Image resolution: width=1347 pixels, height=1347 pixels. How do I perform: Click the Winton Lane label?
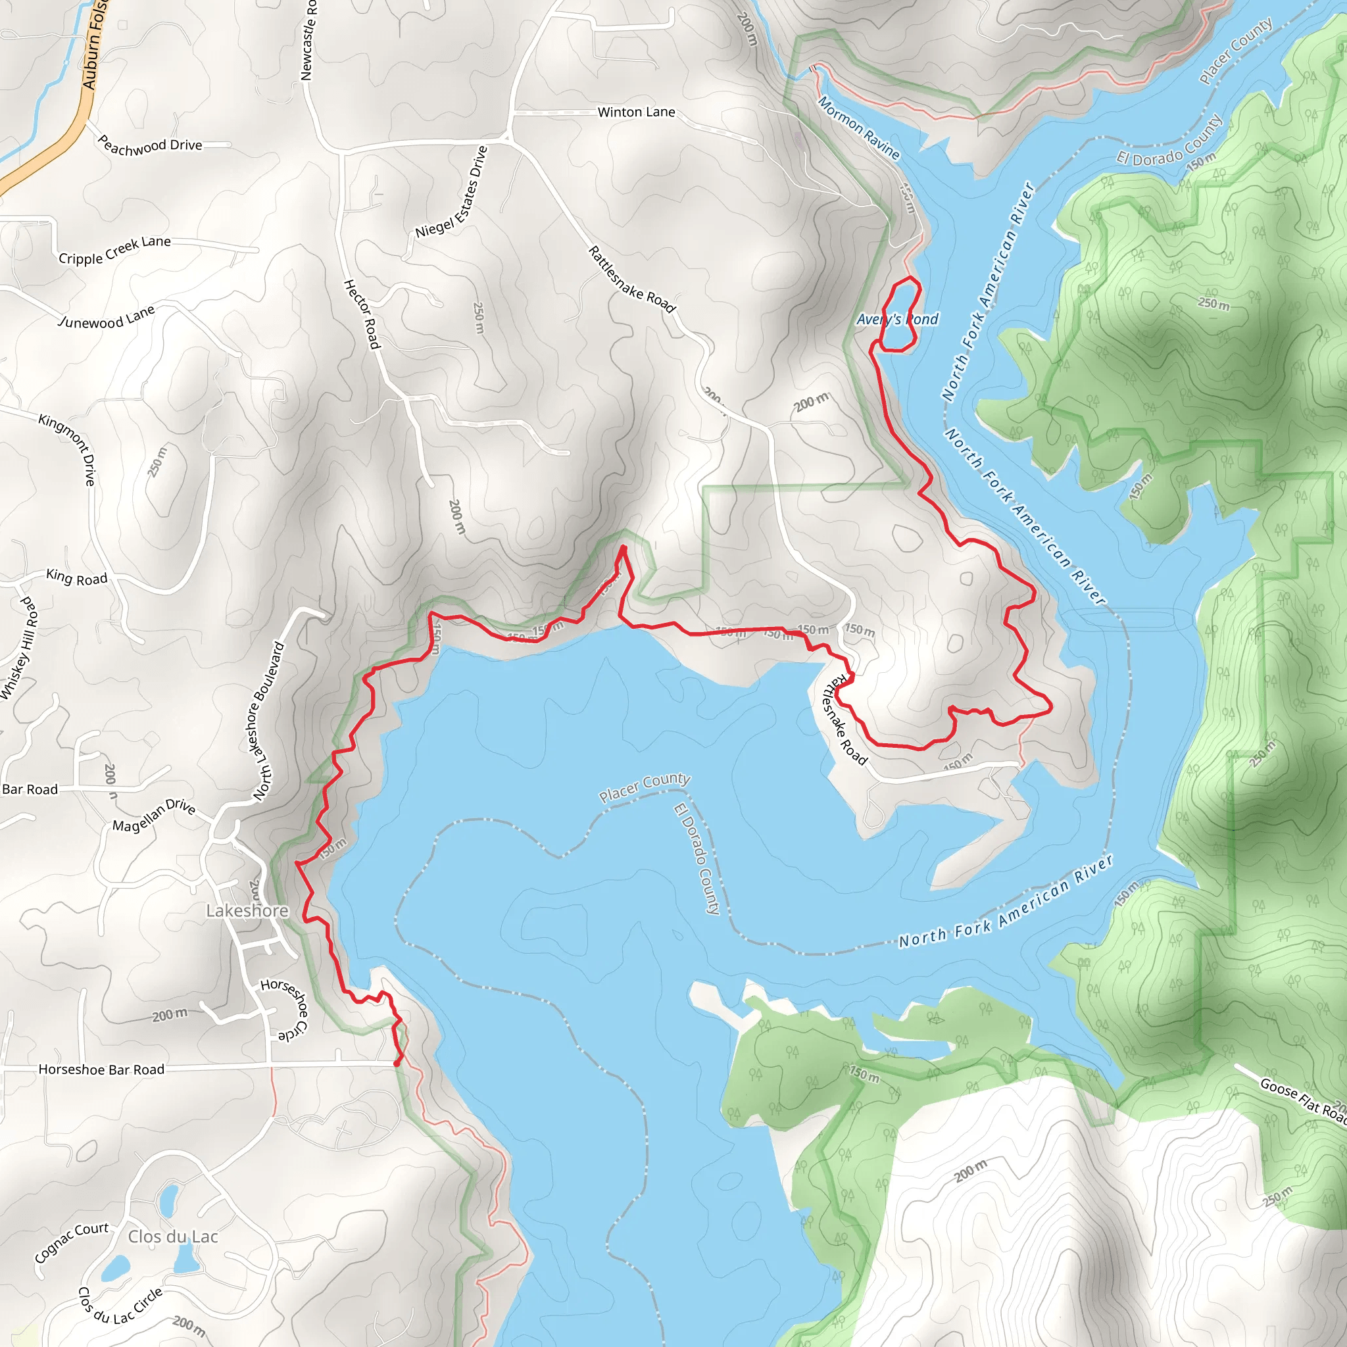(636, 112)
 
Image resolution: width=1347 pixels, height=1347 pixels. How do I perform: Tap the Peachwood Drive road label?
(150, 146)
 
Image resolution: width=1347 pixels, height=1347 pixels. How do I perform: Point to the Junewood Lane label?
(107, 317)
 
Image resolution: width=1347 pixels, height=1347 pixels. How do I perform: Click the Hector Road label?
(362, 314)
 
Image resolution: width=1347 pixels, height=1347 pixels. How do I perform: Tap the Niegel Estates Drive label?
(452, 192)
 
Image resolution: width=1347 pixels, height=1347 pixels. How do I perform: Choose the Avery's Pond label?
(897, 319)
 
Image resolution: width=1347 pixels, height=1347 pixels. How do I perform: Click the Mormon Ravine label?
(858, 128)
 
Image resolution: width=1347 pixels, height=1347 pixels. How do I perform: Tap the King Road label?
(77, 577)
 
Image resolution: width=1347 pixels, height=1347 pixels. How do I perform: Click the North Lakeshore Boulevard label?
(269, 720)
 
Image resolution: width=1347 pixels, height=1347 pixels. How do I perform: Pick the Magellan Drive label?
(154, 815)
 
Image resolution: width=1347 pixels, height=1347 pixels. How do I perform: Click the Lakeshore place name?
(247, 910)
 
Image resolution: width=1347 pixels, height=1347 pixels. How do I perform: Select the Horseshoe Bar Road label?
(102, 1069)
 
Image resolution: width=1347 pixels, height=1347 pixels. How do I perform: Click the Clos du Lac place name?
(173, 1236)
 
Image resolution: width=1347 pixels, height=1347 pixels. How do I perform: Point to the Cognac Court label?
(72, 1242)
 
